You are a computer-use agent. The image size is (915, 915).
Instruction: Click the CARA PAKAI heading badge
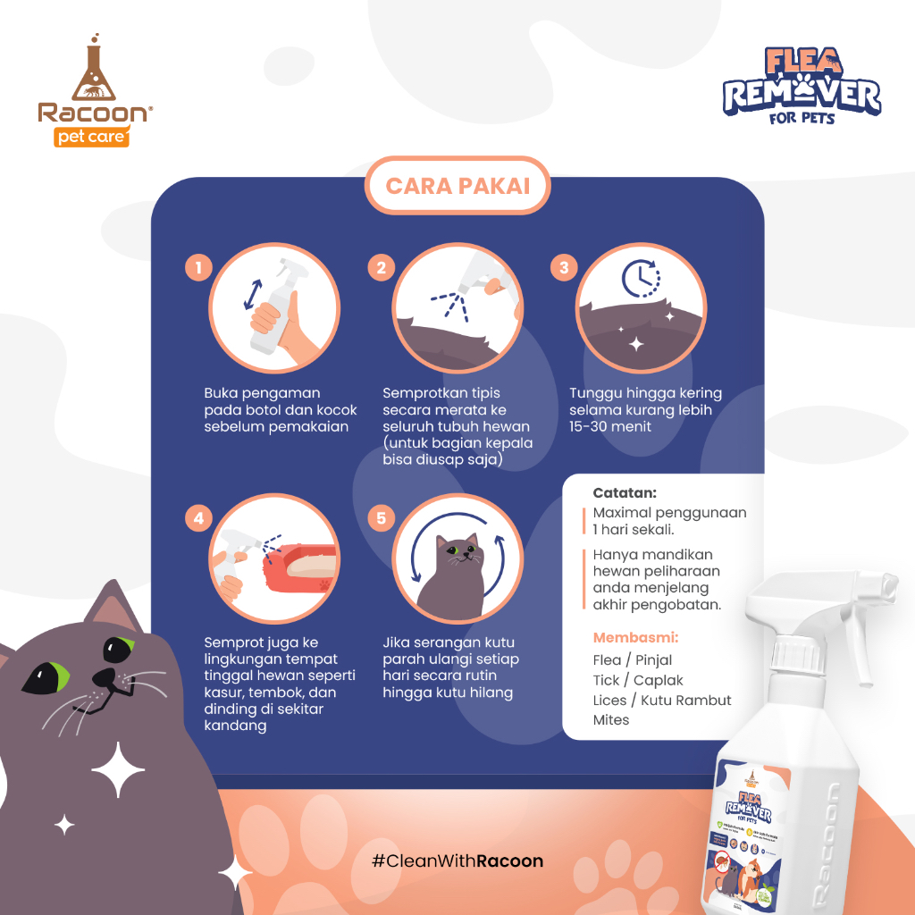[x=457, y=186]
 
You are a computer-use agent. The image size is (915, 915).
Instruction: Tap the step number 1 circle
[x=198, y=266]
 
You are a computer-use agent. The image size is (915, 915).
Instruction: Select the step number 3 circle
[x=564, y=266]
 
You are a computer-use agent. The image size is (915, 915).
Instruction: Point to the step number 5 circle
[x=382, y=517]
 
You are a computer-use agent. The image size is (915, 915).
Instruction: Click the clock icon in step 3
[x=641, y=278]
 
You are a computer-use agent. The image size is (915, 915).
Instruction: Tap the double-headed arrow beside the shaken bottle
[x=253, y=295]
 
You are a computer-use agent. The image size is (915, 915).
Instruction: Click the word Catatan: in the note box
[x=625, y=492]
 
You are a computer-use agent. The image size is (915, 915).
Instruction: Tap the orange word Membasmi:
[x=635, y=638]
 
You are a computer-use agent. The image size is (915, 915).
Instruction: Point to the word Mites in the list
[x=611, y=720]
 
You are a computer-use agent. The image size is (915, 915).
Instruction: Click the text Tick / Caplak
[x=638, y=680]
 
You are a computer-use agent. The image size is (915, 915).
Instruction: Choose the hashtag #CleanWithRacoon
[x=457, y=861]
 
